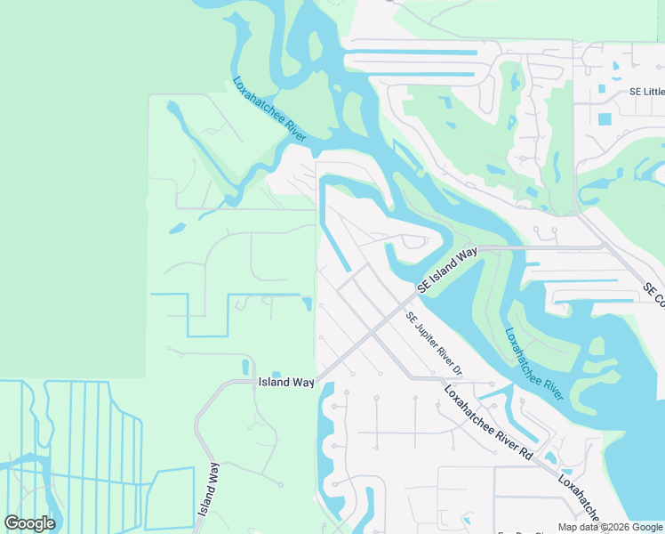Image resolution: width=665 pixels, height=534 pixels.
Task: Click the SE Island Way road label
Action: pos(449,271)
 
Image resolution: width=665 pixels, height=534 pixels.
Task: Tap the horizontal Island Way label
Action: pos(286,382)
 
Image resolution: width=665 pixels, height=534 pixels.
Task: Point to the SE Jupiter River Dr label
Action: pos(435,344)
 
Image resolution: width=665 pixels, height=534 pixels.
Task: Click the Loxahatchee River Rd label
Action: pos(488,424)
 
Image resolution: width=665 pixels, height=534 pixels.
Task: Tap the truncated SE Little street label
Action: pos(646,92)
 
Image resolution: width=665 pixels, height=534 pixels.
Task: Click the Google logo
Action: pos(29,523)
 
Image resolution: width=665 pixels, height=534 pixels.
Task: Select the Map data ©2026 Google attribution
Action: pos(610,527)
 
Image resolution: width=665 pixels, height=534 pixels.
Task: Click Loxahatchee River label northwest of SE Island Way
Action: pos(269,109)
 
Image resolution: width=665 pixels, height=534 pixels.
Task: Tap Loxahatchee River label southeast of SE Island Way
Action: pos(534,364)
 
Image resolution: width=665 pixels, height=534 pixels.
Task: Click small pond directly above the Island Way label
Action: pos(276,374)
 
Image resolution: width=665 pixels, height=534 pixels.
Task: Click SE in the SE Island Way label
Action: pos(424,288)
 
